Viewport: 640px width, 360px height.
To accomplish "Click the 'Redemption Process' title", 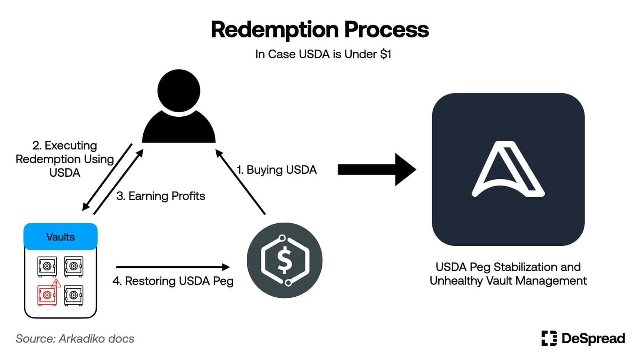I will pyautogui.click(x=320, y=30).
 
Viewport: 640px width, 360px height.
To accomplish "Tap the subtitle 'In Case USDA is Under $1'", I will pyautogui.click(x=323, y=54).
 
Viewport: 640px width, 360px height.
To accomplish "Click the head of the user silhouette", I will pyautogui.click(x=179, y=91).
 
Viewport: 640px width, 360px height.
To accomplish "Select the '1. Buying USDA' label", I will pyautogui.click(x=277, y=170).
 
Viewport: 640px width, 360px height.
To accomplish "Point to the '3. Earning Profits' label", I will pyautogui.click(x=161, y=196).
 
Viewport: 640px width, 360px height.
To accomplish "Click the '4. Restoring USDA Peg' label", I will pyautogui.click(x=173, y=281).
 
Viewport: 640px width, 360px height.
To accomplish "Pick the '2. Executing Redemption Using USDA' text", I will pyautogui.click(x=65, y=159).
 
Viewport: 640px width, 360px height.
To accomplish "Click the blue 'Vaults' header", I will pyautogui.click(x=60, y=237).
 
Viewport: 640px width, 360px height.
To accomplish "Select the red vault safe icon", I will pyautogui.click(x=47, y=295).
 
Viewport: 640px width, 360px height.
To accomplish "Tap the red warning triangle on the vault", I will pyautogui.click(x=56, y=284).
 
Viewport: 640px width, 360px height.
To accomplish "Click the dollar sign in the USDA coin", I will pyautogui.click(x=285, y=260).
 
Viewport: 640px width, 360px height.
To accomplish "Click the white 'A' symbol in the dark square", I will pyautogui.click(x=508, y=169).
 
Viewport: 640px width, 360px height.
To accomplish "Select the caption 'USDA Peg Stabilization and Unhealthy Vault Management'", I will pyautogui.click(x=508, y=274).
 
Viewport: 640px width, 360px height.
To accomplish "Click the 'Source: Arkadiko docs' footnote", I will pyautogui.click(x=75, y=339).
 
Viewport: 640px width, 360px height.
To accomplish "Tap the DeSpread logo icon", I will pyautogui.click(x=549, y=338).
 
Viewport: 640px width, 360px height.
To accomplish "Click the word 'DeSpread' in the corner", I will pyautogui.click(x=593, y=338).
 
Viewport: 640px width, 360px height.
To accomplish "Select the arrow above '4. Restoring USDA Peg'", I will pyautogui.click(x=173, y=267).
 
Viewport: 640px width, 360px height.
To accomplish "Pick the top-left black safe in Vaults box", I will pyautogui.click(x=47, y=266).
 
